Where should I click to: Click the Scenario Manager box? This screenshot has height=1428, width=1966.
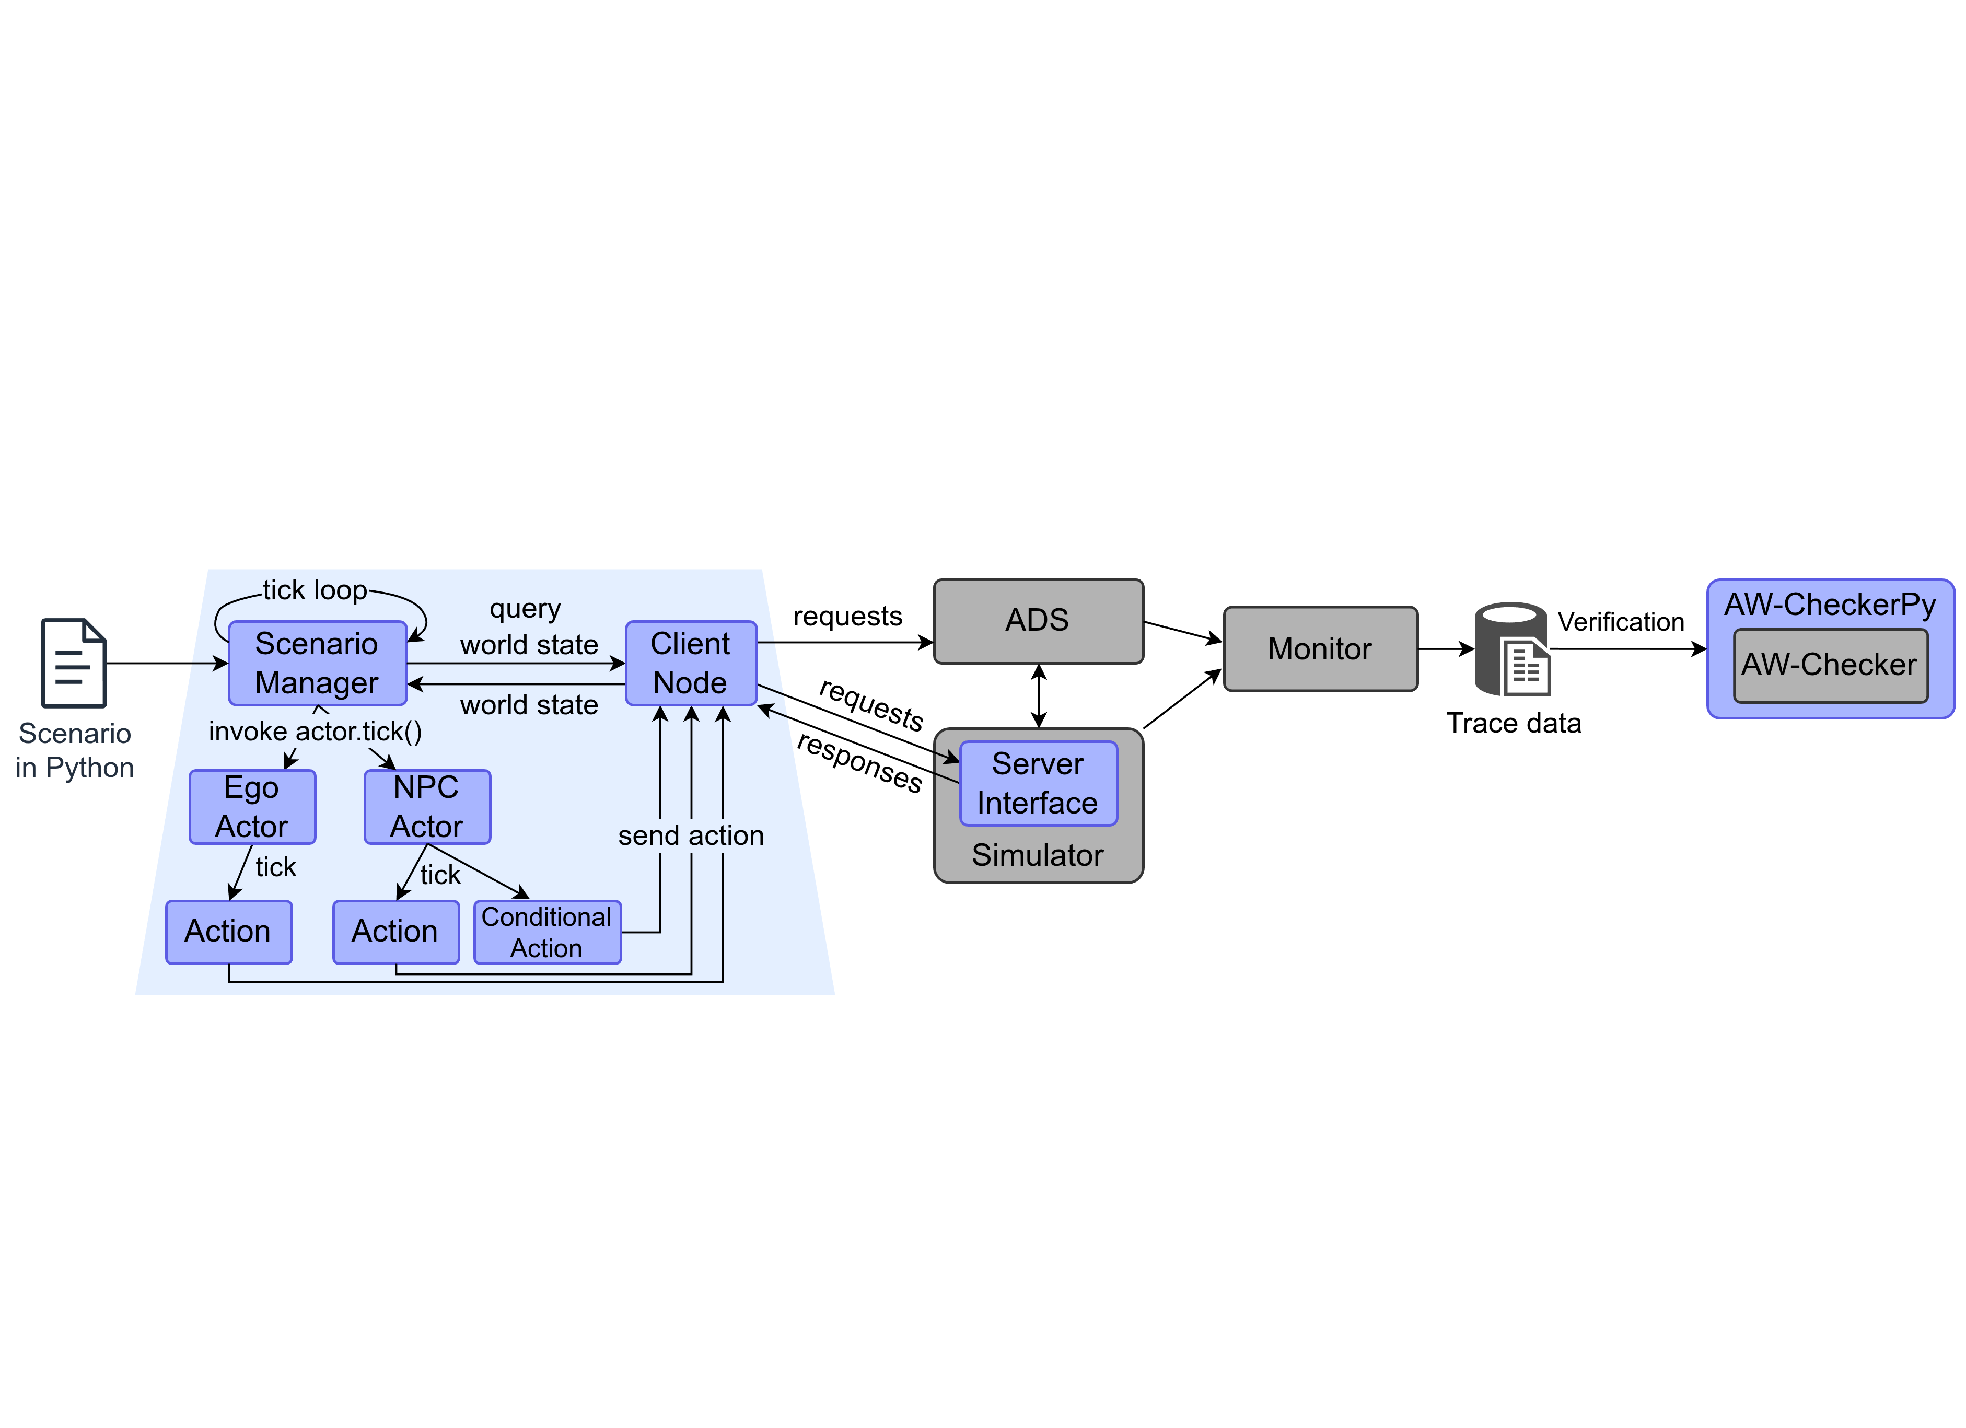pyautogui.click(x=317, y=663)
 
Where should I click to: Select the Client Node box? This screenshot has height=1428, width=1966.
pyautogui.click(x=691, y=663)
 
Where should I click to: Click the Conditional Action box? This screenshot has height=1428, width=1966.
pyautogui.click(x=547, y=932)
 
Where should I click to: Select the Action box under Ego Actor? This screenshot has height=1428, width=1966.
pyautogui.click(x=229, y=932)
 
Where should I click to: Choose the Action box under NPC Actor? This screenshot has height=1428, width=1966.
pyautogui.click(x=396, y=932)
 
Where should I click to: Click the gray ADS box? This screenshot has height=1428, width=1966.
pyautogui.click(x=1038, y=621)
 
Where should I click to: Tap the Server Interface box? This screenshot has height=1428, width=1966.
pyautogui.click(x=1038, y=783)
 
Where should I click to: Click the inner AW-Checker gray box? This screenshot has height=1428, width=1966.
pyautogui.click(x=1830, y=665)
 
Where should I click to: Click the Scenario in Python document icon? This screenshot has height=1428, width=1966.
pyautogui.click(x=74, y=663)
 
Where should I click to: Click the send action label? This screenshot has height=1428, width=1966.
pyautogui.click(x=691, y=836)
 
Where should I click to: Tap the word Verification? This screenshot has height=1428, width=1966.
pyautogui.click(x=1620, y=622)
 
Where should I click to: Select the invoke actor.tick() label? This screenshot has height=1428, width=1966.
pyautogui.click(x=316, y=732)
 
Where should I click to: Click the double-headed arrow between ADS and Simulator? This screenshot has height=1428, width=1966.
pyautogui.click(x=1039, y=696)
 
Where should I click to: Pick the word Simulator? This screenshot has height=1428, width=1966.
pyautogui.click(x=1038, y=856)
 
